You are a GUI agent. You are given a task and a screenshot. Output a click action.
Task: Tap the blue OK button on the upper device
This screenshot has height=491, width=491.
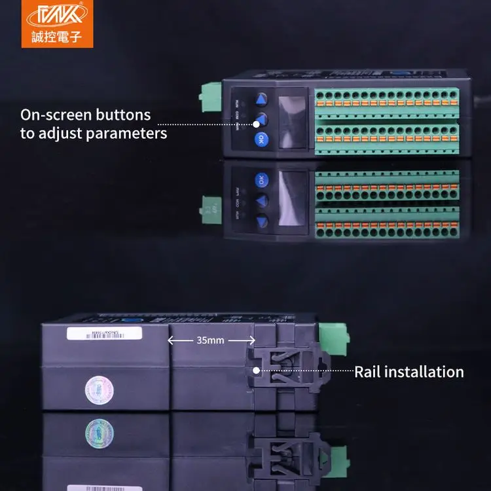pos(261,138)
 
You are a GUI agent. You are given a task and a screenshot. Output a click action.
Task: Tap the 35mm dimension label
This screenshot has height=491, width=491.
pos(210,340)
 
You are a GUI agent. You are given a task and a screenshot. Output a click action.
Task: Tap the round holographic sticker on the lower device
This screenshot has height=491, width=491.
pos(99,390)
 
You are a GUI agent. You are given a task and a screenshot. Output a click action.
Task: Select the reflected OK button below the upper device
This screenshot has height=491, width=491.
pos(261,180)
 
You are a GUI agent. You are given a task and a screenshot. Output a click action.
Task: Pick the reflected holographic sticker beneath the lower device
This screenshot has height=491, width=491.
pos(100,433)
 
